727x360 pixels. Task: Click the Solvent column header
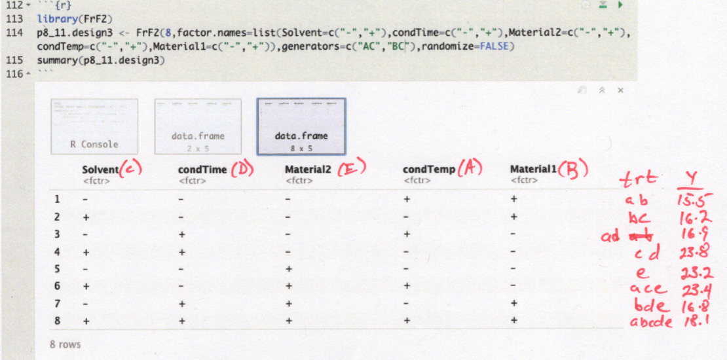point(100,170)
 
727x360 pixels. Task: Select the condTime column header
point(202,170)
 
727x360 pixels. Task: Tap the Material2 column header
point(309,170)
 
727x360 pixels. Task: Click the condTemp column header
point(429,170)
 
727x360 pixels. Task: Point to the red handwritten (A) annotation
point(469,168)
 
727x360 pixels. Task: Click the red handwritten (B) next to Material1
point(574,170)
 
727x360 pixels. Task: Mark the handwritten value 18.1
point(695,321)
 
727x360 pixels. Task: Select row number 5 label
point(57,268)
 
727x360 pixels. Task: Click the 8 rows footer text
point(65,344)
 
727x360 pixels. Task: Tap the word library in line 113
point(55,19)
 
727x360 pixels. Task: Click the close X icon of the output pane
point(620,91)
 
